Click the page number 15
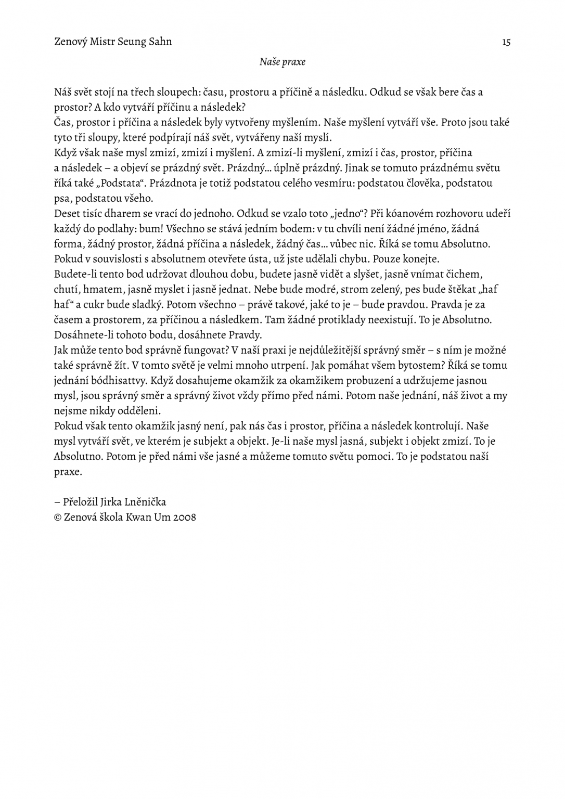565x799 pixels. (x=506, y=42)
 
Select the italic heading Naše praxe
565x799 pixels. (x=282, y=62)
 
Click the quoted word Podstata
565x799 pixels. (x=119, y=183)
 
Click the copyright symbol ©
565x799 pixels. (x=58, y=518)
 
